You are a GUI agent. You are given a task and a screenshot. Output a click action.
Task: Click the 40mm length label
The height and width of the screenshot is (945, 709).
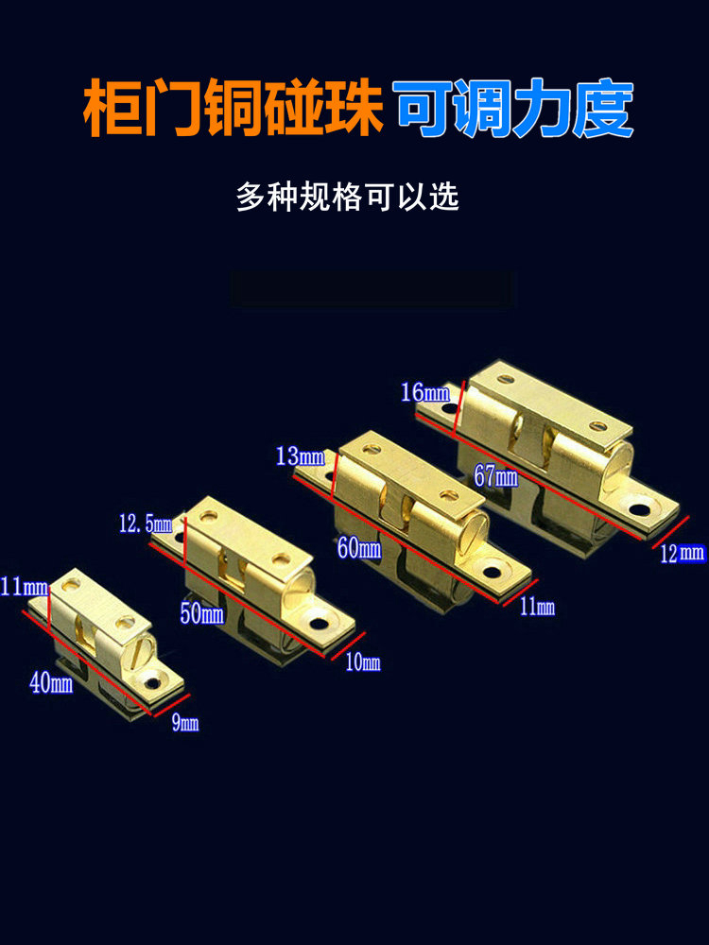point(51,683)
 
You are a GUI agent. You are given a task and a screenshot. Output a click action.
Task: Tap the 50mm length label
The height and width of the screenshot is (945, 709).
point(202,613)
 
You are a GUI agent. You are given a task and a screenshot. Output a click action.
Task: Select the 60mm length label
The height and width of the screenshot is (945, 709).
point(359,548)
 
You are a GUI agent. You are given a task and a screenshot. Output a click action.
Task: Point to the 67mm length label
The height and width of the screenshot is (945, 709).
point(495,476)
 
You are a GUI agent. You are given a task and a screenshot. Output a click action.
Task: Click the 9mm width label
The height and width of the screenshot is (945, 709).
point(185,723)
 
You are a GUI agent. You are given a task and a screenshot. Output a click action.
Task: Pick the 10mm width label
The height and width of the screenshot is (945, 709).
point(363,663)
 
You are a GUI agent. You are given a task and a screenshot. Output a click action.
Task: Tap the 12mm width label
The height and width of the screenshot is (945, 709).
point(683,553)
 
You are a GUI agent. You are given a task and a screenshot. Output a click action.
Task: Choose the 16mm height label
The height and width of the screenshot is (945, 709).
point(425,393)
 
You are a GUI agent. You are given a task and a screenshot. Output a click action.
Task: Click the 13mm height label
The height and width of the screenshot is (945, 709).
point(301,456)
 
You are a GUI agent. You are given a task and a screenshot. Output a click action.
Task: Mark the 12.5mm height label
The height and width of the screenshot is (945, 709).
point(146,524)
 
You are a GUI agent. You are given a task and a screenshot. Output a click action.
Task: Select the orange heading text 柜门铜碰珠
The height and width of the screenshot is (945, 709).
point(233,109)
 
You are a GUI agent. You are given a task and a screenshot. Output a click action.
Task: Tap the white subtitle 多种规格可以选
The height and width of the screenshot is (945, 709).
point(348,198)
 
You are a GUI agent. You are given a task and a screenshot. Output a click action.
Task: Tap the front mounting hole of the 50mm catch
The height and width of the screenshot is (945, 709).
point(319,623)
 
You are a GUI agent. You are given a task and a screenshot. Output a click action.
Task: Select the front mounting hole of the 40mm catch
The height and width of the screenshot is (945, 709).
point(153,683)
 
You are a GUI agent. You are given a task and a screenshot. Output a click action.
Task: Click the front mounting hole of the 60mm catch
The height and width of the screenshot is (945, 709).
point(493,572)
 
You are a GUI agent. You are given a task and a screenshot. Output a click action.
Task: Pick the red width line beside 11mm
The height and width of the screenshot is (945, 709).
point(520,593)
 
